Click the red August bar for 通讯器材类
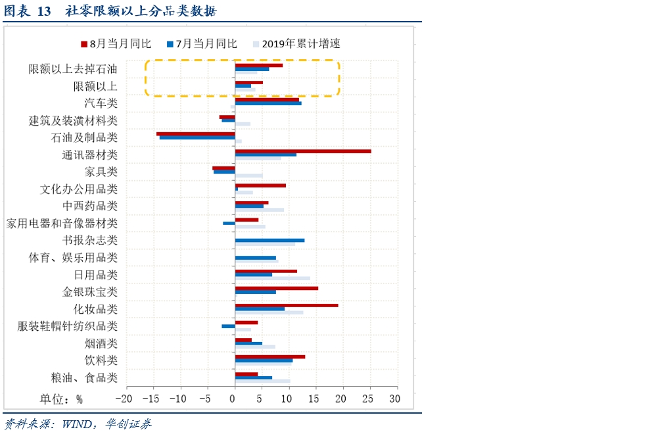[302, 151]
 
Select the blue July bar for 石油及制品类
[197, 137]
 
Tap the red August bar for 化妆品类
[287, 305]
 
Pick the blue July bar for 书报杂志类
[269, 240]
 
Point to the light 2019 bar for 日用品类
[272, 278]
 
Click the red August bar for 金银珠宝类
[276, 288]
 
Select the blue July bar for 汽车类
[268, 103]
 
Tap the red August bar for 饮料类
[269, 356]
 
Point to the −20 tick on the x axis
[122, 399]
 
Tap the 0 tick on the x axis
[233, 399]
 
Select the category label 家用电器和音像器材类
[62, 224]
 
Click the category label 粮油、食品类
[84, 377]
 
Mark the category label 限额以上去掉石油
[73, 69]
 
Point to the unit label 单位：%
[61, 399]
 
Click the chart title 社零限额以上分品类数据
[141, 12]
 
